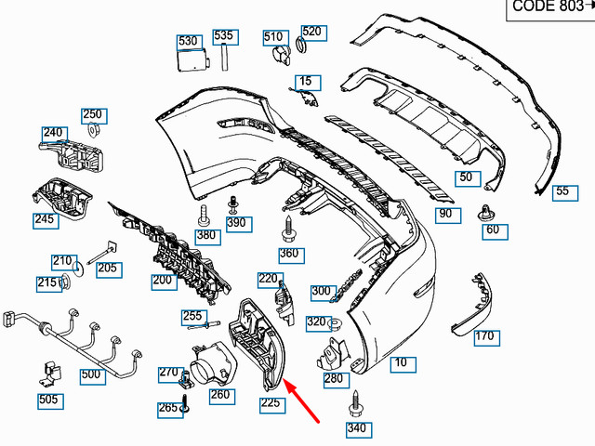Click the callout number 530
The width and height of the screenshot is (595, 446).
click(189, 41)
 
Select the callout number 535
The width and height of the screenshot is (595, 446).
click(224, 36)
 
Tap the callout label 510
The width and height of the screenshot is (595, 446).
click(273, 37)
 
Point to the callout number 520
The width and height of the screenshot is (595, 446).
click(311, 32)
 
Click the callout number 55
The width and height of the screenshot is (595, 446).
click(562, 192)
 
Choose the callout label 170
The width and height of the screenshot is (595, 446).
click(484, 335)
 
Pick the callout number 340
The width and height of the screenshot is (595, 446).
click(356, 428)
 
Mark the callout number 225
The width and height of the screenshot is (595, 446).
click(271, 402)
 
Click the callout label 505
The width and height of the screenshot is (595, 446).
click(48, 400)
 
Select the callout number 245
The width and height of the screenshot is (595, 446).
click(45, 220)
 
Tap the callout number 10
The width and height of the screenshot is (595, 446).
click(401, 363)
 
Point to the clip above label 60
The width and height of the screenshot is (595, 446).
click(486, 209)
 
